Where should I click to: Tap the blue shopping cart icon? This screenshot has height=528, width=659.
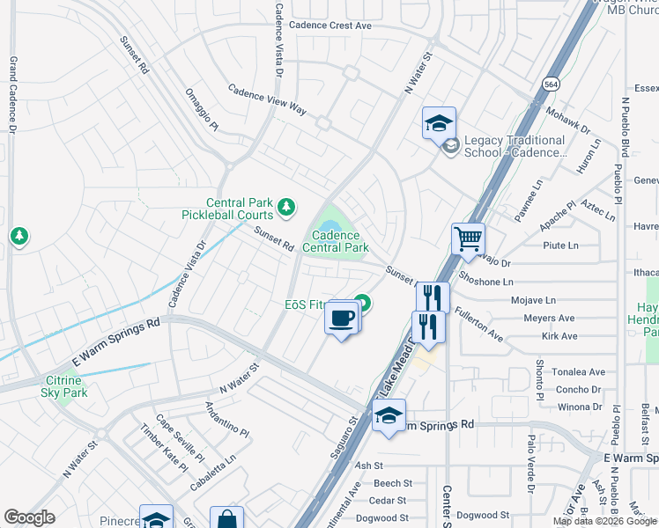coord(468,238)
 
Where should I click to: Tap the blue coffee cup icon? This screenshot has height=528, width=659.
coord(341,318)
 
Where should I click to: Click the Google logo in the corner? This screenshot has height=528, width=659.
coord(29,517)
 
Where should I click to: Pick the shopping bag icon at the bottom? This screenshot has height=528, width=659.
coord(226,519)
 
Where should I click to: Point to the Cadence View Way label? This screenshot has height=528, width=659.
coord(267,100)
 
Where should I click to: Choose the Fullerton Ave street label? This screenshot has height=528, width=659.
coord(478,325)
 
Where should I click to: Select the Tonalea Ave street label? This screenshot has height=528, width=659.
coord(579,372)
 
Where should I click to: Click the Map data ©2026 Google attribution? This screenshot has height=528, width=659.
coord(604,521)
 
